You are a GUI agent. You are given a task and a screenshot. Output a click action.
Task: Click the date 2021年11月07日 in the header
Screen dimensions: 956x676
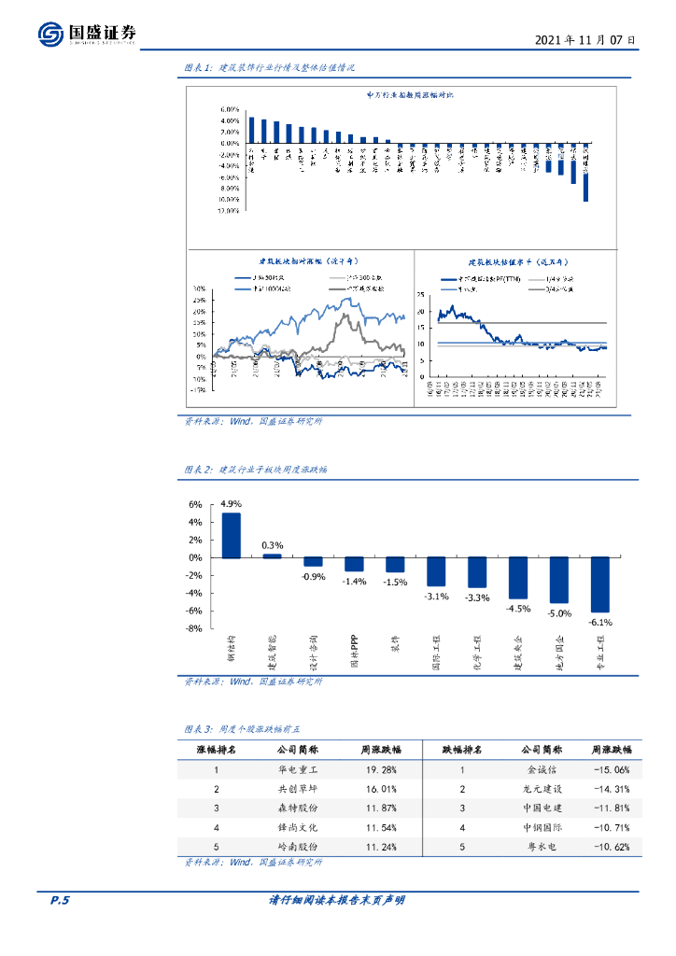pyautogui.click(x=586, y=40)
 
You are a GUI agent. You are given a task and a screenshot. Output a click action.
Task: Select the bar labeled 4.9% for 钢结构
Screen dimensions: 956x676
pyautogui.click(x=230, y=535)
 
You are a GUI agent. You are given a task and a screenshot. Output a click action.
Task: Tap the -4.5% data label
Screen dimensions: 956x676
pyautogui.click(x=517, y=609)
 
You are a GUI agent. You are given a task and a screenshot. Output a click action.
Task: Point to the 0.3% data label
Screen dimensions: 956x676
pyautogui.click(x=273, y=545)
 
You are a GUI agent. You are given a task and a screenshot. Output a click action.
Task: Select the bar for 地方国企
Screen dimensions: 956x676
pyautogui.click(x=559, y=580)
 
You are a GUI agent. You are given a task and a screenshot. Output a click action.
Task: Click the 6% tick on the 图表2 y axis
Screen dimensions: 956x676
pyautogui.click(x=195, y=504)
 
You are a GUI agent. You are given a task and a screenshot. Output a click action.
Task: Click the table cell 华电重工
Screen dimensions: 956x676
pyautogui.click(x=299, y=770)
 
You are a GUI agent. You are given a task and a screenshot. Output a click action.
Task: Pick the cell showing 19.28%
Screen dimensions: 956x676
pyautogui.click(x=381, y=770)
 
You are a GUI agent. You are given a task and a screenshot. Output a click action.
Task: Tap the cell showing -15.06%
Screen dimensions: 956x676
pyautogui.click(x=611, y=770)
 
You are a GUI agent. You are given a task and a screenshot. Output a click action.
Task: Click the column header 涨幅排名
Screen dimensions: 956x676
pyautogui.click(x=216, y=750)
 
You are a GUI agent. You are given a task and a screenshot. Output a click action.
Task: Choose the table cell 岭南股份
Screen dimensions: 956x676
pyautogui.click(x=299, y=847)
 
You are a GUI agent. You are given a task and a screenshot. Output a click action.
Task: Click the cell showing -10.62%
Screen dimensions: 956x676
pyautogui.click(x=611, y=847)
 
